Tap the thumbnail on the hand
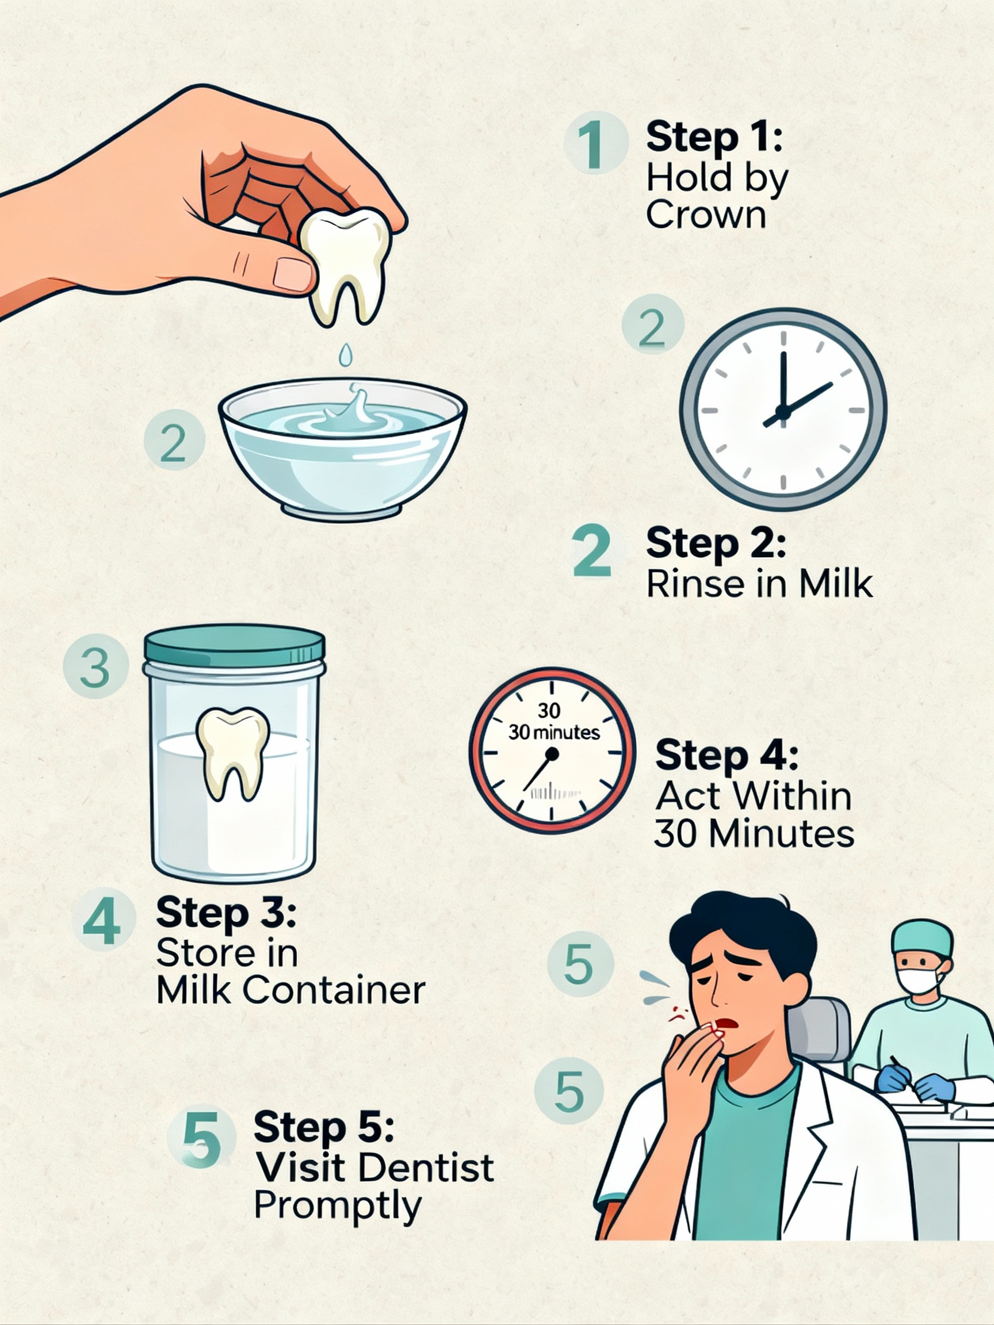(293, 274)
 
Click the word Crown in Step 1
(706, 215)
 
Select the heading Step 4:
(726, 755)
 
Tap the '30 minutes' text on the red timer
(553, 733)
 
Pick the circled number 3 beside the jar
(96, 667)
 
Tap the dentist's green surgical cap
(922, 939)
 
